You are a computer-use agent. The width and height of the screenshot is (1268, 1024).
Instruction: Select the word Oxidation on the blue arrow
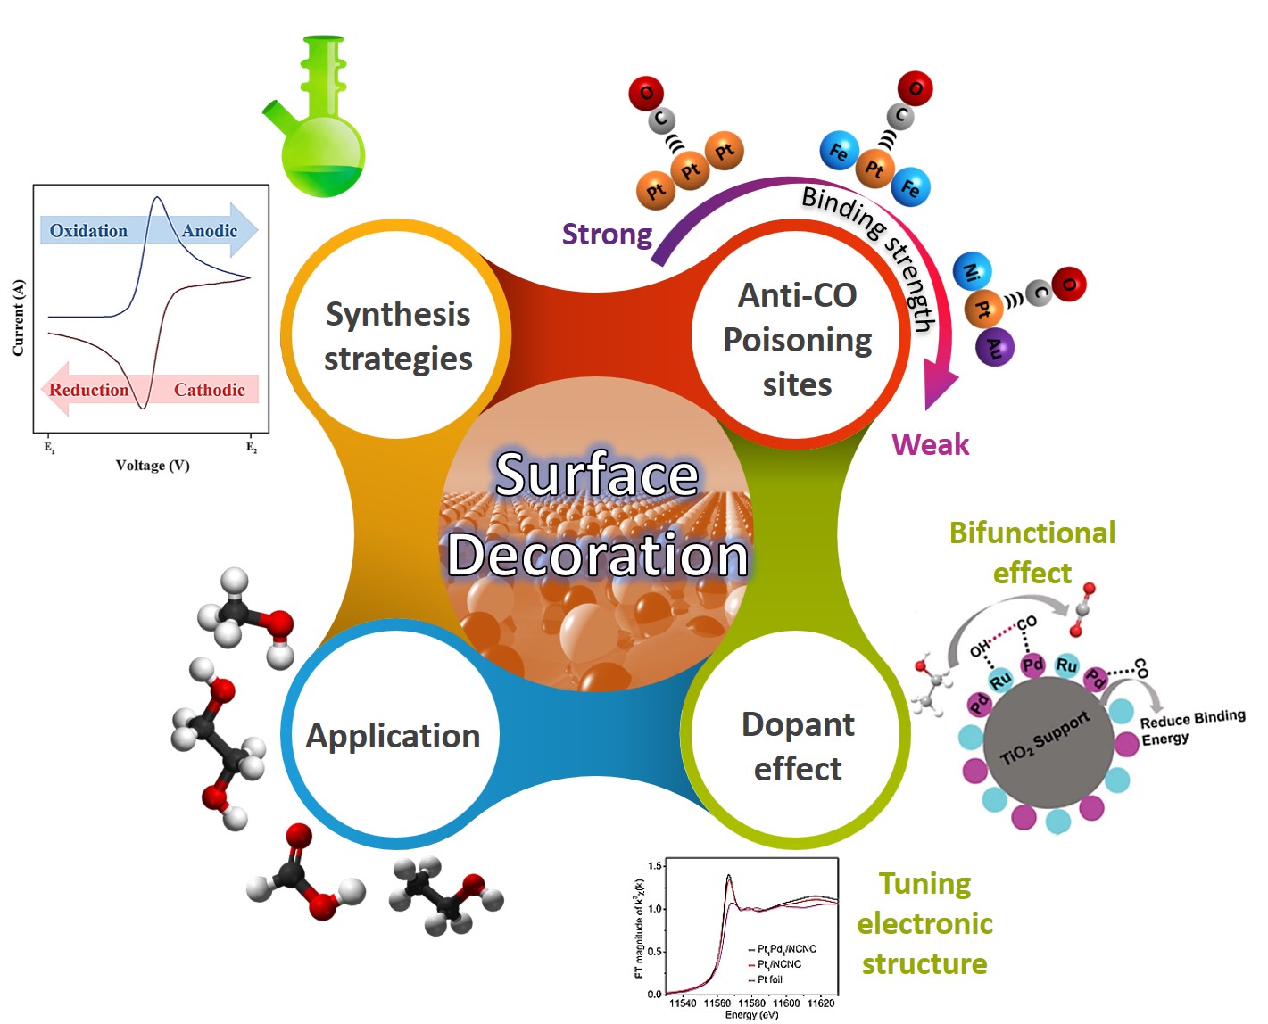click(88, 231)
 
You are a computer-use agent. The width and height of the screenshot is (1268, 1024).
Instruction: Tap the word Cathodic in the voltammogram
click(209, 390)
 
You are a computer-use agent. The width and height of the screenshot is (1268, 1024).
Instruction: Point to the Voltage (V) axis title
click(153, 466)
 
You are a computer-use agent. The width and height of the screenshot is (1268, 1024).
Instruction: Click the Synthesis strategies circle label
click(398, 336)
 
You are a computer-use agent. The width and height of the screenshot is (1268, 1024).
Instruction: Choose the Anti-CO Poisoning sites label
click(798, 340)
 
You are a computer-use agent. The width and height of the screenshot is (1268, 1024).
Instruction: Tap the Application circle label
click(394, 736)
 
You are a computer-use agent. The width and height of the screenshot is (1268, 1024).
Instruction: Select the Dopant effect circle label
click(798, 747)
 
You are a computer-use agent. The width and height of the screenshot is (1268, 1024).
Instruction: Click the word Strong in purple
click(607, 235)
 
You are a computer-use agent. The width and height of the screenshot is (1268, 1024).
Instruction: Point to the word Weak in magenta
click(930, 444)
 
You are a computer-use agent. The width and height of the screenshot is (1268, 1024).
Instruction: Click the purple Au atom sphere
click(995, 347)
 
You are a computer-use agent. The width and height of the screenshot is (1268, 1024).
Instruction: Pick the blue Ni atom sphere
click(972, 270)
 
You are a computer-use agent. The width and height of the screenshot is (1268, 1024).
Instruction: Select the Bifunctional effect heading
click(1032, 552)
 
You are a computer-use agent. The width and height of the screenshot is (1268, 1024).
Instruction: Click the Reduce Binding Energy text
click(1191, 728)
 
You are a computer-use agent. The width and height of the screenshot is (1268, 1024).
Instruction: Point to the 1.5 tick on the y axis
click(655, 866)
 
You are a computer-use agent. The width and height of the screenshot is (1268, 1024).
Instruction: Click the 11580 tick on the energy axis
click(752, 1003)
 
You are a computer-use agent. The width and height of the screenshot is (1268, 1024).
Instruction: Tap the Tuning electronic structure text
click(924, 924)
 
